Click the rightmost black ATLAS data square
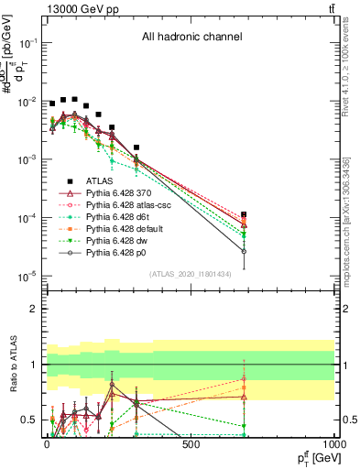tap(244, 214)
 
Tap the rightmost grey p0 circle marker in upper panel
tap(244, 251)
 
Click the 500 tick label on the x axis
tap(191, 444)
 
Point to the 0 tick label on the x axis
tap(48, 444)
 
